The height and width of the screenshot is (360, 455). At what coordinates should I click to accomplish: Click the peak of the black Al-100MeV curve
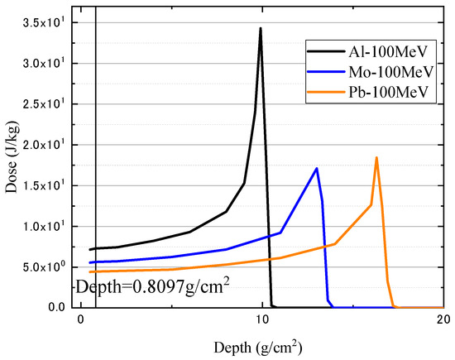261,29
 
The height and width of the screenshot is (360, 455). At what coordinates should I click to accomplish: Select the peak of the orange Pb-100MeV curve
376,157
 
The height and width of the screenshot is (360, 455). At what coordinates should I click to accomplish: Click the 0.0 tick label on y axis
57,307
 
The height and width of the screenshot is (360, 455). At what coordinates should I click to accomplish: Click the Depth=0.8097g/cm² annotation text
152,287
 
